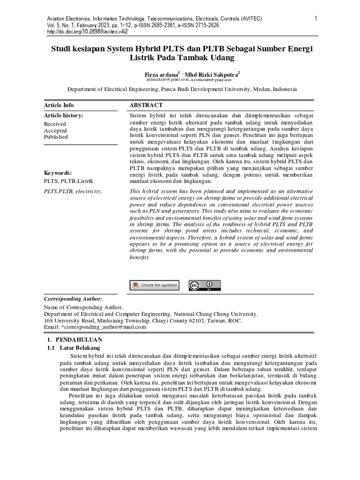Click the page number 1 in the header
pyautogui.click(x=316, y=18)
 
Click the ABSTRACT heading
pyautogui.click(x=146, y=105)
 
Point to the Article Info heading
pyautogui.click(x=59, y=105)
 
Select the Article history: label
pyautogui.click(x=63, y=115)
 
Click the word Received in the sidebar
pyautogui.click(x=55, y=124)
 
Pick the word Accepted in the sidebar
pyautogui.click(x=55, y=130)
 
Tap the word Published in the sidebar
pyautogui.click(x=56, y=137)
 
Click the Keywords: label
pyautogui.click(x=58, y=172)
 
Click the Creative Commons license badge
pyautogui.click(x=204, y=285)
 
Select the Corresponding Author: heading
pyautogui.click(x=73, y=299)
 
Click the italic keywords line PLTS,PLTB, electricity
pyautogui.click(x=73, y=191)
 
